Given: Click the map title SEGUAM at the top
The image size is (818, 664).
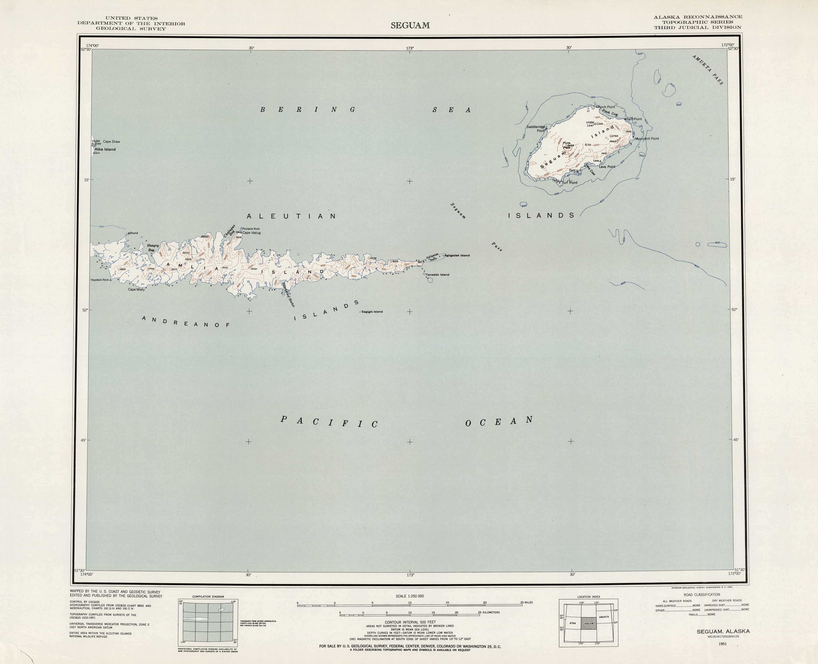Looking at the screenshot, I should point(410,26).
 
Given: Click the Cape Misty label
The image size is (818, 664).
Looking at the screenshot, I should point(136,290).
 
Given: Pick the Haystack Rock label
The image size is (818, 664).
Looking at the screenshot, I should point(100,280).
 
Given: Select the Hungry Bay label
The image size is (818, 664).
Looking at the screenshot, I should point(153,248).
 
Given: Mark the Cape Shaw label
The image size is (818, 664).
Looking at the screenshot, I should point(111,142).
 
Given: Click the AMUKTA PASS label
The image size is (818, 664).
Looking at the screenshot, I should point(707,70).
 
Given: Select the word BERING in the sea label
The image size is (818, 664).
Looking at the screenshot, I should point(308,110).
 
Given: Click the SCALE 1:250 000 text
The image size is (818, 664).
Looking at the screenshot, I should point(409,596).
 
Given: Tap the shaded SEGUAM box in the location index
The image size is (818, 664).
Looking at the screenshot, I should point(588,624).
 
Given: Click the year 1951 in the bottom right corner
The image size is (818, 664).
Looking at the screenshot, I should point(722,644).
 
